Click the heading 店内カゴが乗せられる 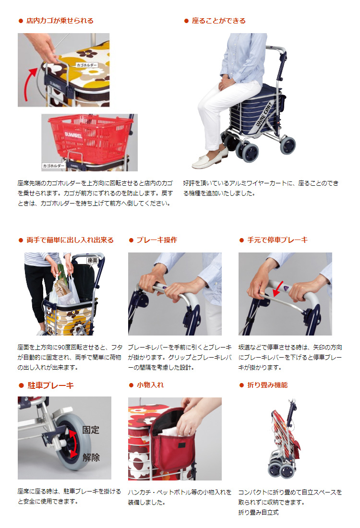(60, 21)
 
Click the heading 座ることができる (218, 21)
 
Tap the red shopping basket (90, 136)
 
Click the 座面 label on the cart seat (92, 260)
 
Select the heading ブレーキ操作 (156, 240)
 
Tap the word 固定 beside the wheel (91, 430)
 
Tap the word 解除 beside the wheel (91, 457)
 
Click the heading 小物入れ (150, 385)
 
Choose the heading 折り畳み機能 (267, 385)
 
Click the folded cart (285, 439)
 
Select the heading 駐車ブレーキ (50, 385)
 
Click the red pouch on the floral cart (172, 441)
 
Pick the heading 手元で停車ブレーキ (277, 240)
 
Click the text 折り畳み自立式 (258, 512)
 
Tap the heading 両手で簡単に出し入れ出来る (70, 240)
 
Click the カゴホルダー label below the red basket (54, 166)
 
